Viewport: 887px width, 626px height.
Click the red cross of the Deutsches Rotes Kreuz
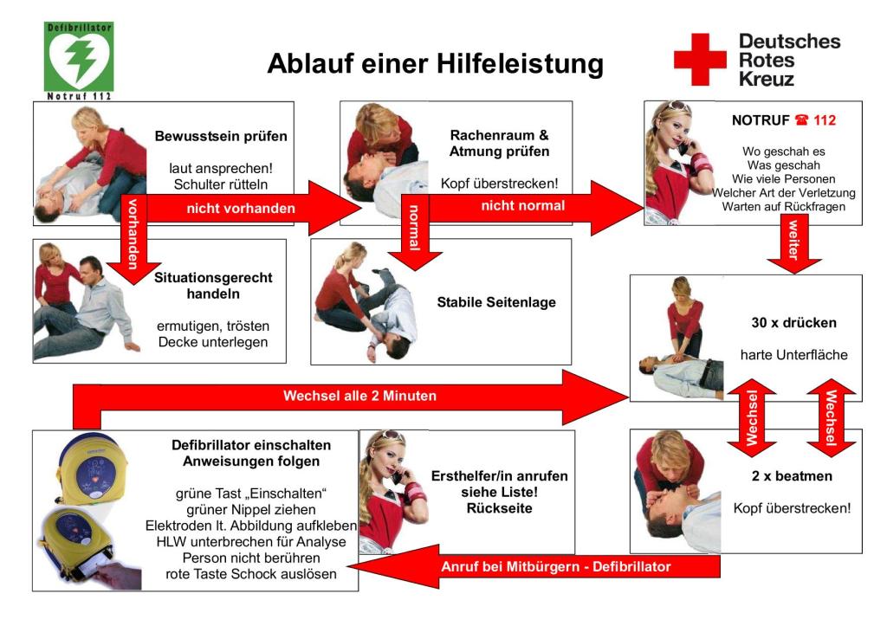tap(700, 60)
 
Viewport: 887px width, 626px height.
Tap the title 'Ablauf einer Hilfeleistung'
tap(435, 62)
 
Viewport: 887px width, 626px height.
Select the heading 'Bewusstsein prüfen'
tap(221, 136)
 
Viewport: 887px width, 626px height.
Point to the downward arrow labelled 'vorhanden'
tap(133, 237)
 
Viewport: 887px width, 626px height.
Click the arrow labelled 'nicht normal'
tap(522, 206)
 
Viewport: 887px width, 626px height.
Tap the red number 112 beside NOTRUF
tap(825, 120)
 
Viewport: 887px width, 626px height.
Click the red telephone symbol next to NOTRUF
tap(801, 119)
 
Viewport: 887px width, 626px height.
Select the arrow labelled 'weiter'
tap(793, 243)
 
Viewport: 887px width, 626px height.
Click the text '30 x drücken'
tap(793, 323)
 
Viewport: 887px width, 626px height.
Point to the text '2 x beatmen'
tap(792, 476)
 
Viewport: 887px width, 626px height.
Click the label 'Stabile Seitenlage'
tap(496, 302)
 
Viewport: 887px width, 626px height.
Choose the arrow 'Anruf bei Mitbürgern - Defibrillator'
tap(534, 566)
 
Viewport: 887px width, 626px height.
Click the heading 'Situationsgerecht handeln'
tap(213, 286)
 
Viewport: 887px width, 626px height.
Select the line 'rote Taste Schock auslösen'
tap(250, 574)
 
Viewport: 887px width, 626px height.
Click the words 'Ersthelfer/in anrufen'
tap(500, 476)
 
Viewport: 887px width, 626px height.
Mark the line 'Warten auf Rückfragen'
tap(783, 206)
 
